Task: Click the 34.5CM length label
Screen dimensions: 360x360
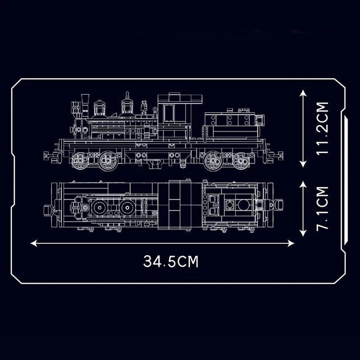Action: (x=171, y=261)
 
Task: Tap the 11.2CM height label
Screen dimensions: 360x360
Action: (x=322, y=128)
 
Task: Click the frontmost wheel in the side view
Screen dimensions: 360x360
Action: (x=80, y=161)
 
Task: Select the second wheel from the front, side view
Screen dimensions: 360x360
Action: (x=108, y=161)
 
